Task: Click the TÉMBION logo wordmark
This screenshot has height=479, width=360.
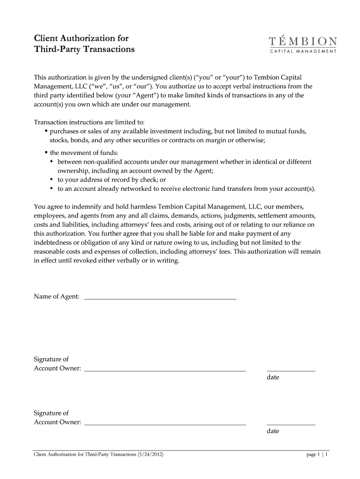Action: (x=303, y=41)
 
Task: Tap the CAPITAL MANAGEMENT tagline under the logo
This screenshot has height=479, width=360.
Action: (x=303, y=51)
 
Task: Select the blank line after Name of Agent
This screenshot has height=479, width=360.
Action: (x=160, y=298)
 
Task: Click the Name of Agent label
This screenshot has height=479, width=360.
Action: (x=57, y=297)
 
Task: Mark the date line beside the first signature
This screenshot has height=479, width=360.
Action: (x=291, y=370)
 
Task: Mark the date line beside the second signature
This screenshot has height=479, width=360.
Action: (x=291, y=424)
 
